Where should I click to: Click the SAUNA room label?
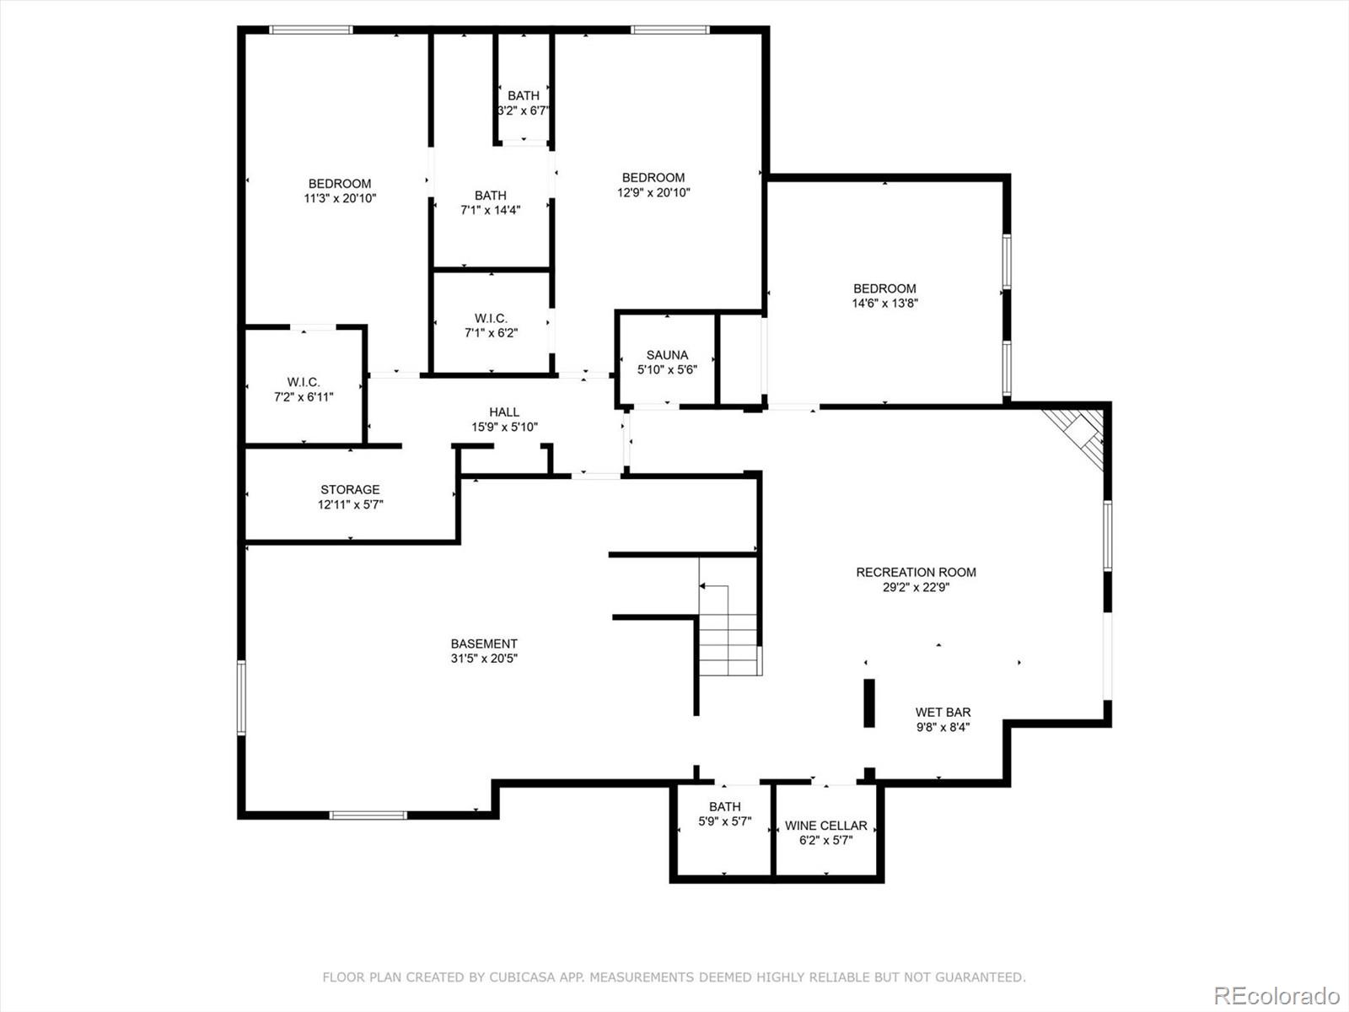point(667,355)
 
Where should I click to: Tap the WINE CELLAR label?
point(825,826)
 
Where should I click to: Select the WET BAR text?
point(943,712)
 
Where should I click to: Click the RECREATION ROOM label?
point(916,572)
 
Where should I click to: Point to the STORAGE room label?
point(350,489)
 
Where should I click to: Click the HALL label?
point(504,412)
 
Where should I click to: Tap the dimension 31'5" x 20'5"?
point(484,659)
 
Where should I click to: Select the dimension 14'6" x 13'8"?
point(884,304)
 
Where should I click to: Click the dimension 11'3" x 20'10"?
point(340,199)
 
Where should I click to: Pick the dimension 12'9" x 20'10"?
point(653,192)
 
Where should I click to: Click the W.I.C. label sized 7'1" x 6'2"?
point(491,318)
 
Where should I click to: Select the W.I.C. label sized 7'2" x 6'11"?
point(304,382)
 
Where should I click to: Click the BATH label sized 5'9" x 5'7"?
point(724,806)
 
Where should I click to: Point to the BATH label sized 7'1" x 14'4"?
point(490,196)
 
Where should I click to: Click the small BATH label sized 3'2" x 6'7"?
point(523,95)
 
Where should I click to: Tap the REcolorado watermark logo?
point(1276,995)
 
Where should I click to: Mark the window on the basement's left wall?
point(241,697)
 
